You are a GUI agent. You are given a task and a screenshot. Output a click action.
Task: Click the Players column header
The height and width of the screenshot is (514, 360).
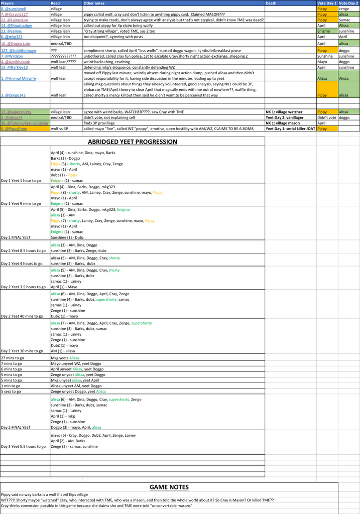click(x=8, y=3)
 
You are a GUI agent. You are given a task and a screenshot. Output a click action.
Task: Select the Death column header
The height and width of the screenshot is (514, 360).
click(x=271, y=3)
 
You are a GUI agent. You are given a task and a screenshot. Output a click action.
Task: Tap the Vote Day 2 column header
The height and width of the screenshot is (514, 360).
click(x=348, y=3)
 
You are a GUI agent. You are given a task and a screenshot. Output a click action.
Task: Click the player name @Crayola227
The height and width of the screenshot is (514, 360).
click(x=15, y=15)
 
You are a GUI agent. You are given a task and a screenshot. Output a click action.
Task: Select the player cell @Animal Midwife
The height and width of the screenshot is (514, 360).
click(x=19, y=78)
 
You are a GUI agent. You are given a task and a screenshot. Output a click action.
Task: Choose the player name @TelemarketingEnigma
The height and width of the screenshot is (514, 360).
click(x=25, y=123)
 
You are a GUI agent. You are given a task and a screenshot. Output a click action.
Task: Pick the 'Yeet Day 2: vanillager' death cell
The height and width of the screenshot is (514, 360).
click(x=283, y=117)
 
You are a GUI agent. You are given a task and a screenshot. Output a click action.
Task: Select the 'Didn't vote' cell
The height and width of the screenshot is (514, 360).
click(x=326, y=117)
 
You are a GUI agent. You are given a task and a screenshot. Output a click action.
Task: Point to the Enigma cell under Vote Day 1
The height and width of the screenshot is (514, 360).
click(x=323, y=31)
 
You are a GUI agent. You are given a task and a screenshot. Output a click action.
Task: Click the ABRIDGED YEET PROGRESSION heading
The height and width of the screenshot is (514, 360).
click(x=133, y=142)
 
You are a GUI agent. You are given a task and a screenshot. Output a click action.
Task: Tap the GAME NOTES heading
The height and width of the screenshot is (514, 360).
click(x=169, y=487)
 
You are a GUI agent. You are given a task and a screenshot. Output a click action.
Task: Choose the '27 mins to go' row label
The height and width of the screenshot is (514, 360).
click(x=12, y=358)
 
